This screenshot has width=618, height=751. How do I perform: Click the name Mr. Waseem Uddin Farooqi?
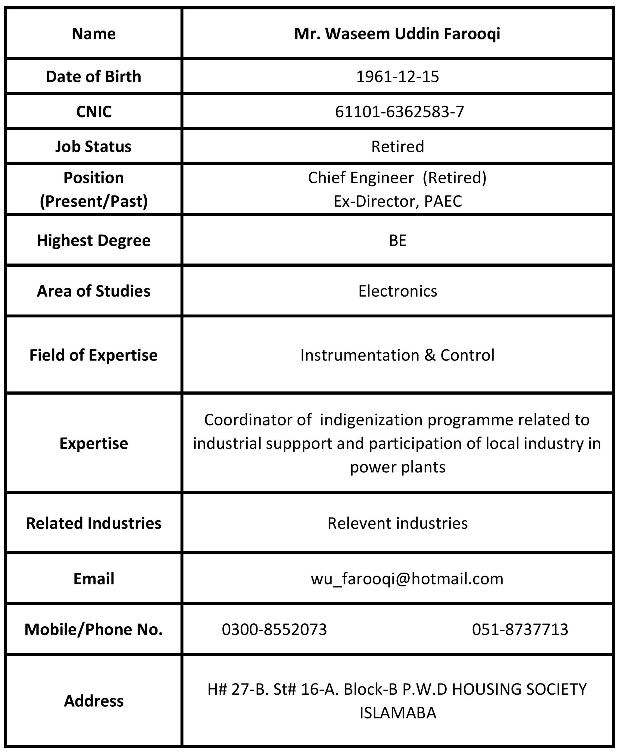pyautogui.click(x=397, y=34)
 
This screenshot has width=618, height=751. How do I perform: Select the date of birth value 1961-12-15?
pyautogui.click(x=397, y=77)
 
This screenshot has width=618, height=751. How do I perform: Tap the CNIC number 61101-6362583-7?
pyautogui.click(x=399, y=112)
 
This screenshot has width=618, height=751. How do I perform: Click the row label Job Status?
pyautogui.click(x=93, y=146)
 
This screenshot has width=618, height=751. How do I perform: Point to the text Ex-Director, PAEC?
pyautogui.click(x=397, y=201)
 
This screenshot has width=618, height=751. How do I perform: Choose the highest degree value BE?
pyautogui.click(x=397, y=240)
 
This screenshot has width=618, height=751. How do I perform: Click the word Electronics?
pyautogui.click(x=397, y=291)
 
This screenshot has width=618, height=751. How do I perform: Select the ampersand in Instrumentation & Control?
pyautogui.click(x=430, y=355)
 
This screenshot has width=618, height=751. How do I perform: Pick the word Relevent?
pyautogui.click(x=359, y=523)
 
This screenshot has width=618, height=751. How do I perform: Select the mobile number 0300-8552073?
pyautogui.click(x=274, y=629)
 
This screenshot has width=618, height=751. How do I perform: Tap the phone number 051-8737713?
pyautogui.click(x=520, y=629)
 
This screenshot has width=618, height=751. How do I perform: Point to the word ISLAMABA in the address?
pyautogui.click(x=398, y=713)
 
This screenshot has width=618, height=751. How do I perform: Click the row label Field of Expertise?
pyautogui.click(x=93, y=355)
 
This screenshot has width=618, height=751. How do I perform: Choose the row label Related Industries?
pyautogui.click(x=93, y=523)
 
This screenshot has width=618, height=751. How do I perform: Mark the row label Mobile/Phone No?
pyautogui.click(x=93, y=629)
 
